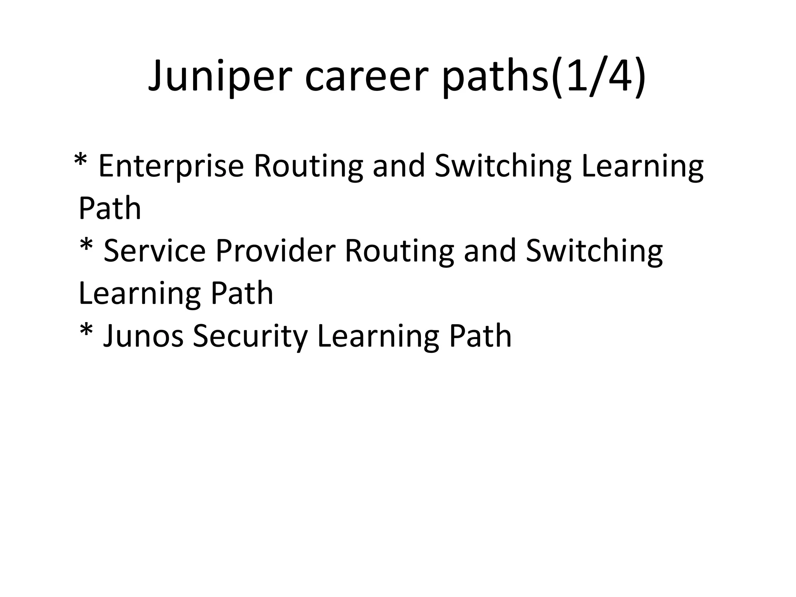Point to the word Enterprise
point(171,166)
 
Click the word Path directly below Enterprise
point(110,209)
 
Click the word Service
point(154,251)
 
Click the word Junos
point(143,336)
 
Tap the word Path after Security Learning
point(480,336)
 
